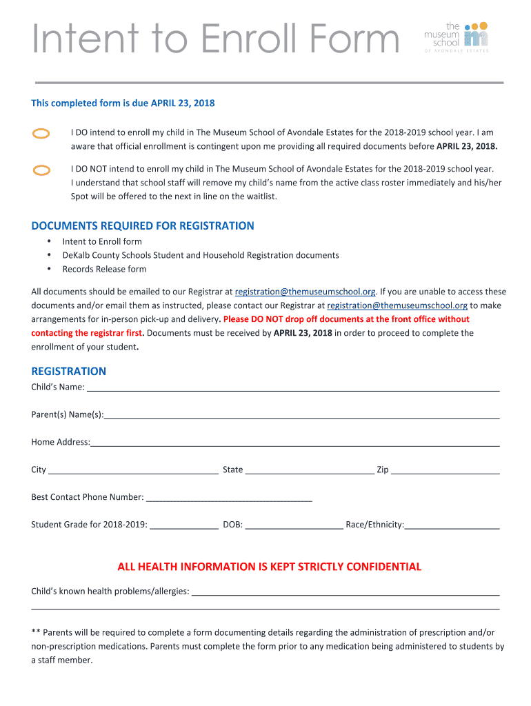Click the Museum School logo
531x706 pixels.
[x=457, y=36]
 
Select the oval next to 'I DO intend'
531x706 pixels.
[x=41, y=134]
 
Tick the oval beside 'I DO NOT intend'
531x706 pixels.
[x=41, y=170]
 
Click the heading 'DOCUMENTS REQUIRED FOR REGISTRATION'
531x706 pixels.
[x=143, y=226]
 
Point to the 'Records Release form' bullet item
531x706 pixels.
[x=104, y=269]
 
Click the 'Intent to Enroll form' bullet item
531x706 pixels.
[x=102, y=241]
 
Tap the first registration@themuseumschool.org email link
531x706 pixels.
[x=305, y=292]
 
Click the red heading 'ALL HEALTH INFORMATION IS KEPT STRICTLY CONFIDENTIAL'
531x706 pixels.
[x=269, y=567]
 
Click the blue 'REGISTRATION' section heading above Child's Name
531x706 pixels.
[x=68, y=371]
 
